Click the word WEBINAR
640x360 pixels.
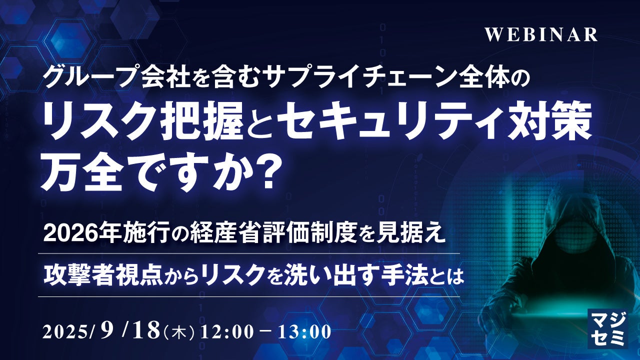coord(541,35)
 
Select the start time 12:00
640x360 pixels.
coord(226,332)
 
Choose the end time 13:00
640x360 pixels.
coord(304,332)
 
